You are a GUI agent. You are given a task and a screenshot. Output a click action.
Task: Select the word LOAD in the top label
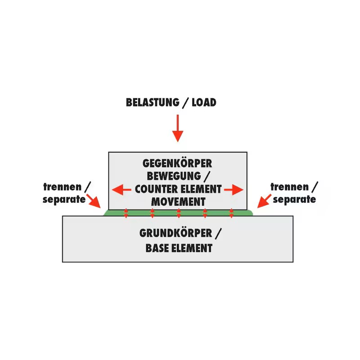[x=204, y=103]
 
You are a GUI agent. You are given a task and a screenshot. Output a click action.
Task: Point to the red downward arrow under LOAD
[x=178, y=128]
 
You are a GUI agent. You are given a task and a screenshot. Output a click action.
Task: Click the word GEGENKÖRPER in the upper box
[x=177, y=163]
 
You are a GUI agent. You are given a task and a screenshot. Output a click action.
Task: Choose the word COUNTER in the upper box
[x=155, y=189]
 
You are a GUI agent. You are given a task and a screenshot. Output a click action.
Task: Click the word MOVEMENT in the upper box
[x=178, y=201]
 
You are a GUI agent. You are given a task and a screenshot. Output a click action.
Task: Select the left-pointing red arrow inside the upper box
[x=121, y=189]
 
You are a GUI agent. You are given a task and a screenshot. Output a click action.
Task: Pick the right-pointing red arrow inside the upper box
[x=234, y=189]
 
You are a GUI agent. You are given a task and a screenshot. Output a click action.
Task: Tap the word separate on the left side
[x=64, y=199]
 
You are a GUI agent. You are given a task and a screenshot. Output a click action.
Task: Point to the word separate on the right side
[x=294, y=199]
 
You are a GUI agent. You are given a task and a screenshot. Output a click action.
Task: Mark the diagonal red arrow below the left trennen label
[x=94, y=201]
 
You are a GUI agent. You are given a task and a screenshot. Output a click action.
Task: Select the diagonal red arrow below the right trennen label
[x=264, y=201]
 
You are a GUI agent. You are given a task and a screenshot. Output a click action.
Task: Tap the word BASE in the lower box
[x=157, y=247]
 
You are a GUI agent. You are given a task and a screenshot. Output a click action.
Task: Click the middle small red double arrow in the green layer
[x=179, y=213]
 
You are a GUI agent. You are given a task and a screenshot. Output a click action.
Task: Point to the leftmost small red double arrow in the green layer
[x=126, y=213]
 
